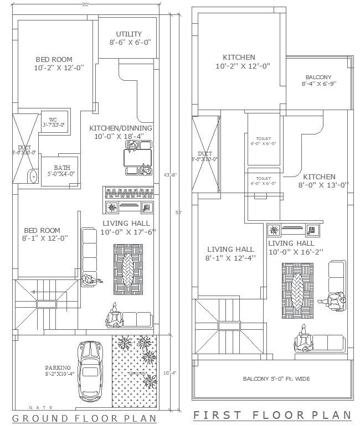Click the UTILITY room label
coord(128,34)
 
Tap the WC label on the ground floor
coord(53,120)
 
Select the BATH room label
coord(61,168)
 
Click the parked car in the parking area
coord(90,370)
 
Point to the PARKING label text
coord(58,367)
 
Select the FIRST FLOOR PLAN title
coord(272,415)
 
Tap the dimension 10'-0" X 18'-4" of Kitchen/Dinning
coord(119,136)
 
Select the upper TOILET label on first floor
coord(263,138)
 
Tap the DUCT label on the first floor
coord(205,154)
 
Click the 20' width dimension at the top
coord(85,4)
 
